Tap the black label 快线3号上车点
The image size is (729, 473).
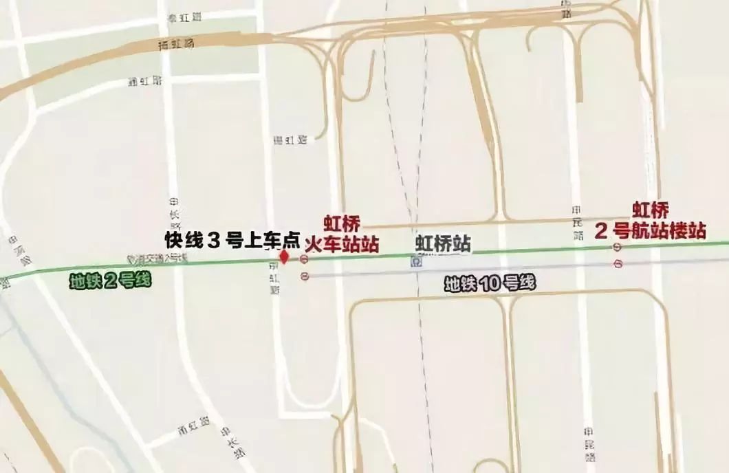click(232, 239)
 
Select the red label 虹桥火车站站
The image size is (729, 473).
click(342, 235)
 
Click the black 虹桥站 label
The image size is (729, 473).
click(443, 243)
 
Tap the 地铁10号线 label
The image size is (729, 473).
click(489, 283)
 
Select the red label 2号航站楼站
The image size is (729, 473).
click(650, 221)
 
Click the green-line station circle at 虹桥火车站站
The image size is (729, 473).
click(304, 258)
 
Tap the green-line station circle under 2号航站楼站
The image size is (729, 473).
click(618, 248)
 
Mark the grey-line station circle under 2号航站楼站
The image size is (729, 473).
click(618, 263)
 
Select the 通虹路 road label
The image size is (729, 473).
click(145, 81)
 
